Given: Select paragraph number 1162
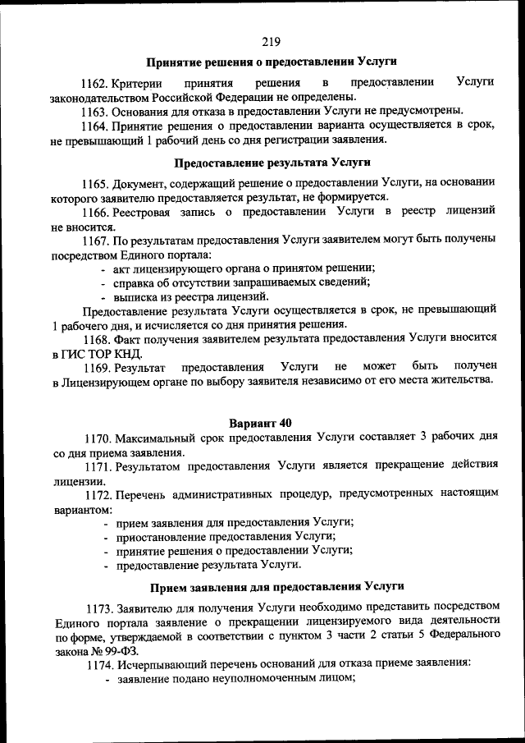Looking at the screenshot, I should coord(94,84).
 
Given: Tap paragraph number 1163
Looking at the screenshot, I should coord(94,111).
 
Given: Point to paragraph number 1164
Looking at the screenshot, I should coord(94,125).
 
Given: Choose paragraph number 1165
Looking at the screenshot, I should coord(94,183).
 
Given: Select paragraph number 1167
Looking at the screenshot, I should coord(94,239).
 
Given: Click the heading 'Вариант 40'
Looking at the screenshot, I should coord(260,424).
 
